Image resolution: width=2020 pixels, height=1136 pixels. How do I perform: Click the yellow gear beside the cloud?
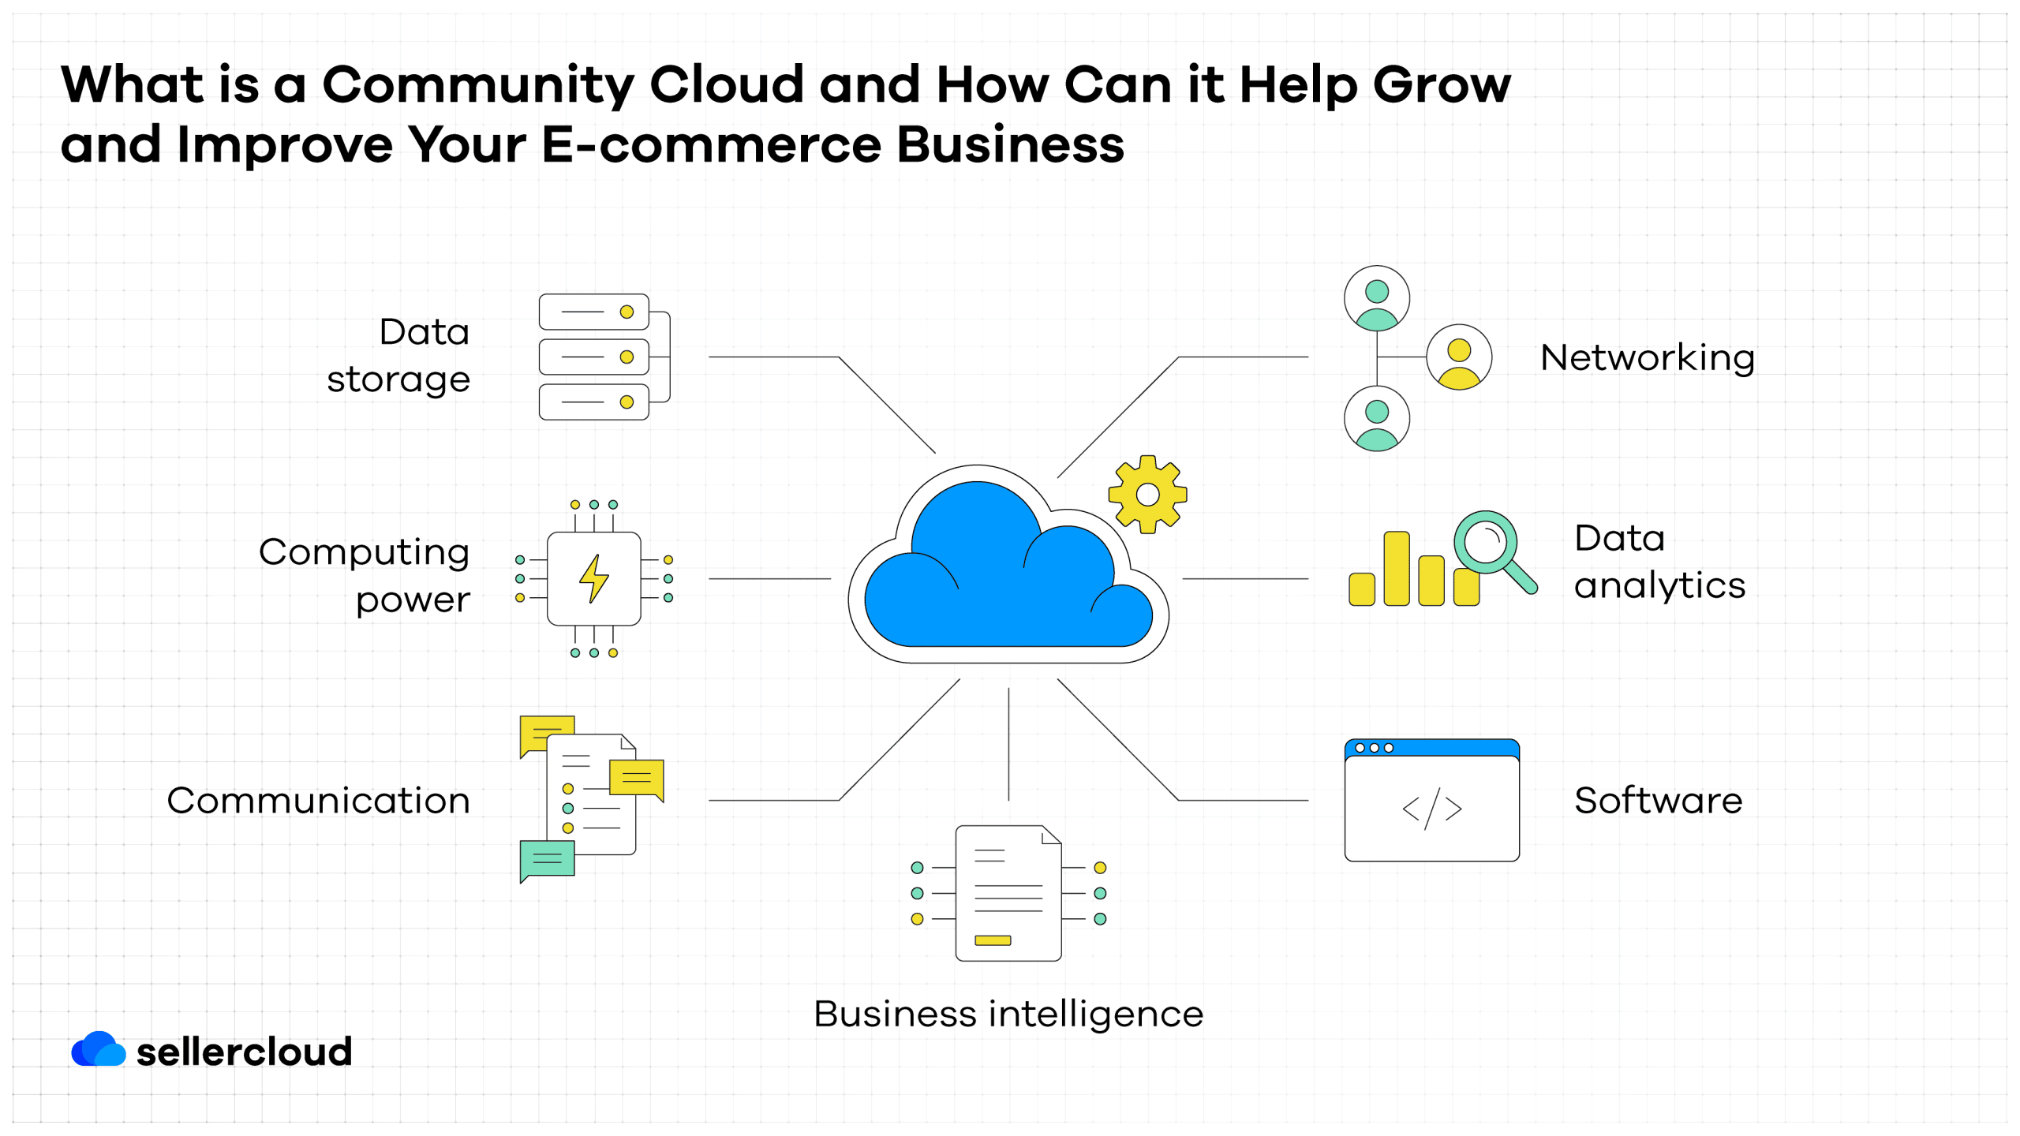[1147, 495]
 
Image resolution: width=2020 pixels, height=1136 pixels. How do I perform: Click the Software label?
[1658, 801]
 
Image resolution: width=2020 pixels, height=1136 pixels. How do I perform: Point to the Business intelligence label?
[1008, 1015]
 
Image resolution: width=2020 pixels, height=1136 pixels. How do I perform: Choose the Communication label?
[319, 801]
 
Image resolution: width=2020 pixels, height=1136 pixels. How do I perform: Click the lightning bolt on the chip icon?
[593, 579]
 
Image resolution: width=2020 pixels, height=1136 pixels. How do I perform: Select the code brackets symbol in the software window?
[1431, 809]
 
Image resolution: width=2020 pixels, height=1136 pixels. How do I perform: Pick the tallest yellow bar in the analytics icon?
[1397, 569]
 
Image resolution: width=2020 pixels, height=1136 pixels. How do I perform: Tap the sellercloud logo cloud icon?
[99, 1049]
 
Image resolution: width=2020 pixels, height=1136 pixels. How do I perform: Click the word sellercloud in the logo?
[245, 1052]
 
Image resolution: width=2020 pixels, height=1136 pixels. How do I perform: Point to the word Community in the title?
[478, 85]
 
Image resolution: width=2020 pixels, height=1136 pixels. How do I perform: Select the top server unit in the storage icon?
[593, 312]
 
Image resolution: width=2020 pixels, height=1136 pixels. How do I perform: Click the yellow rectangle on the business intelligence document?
[993, 940]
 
